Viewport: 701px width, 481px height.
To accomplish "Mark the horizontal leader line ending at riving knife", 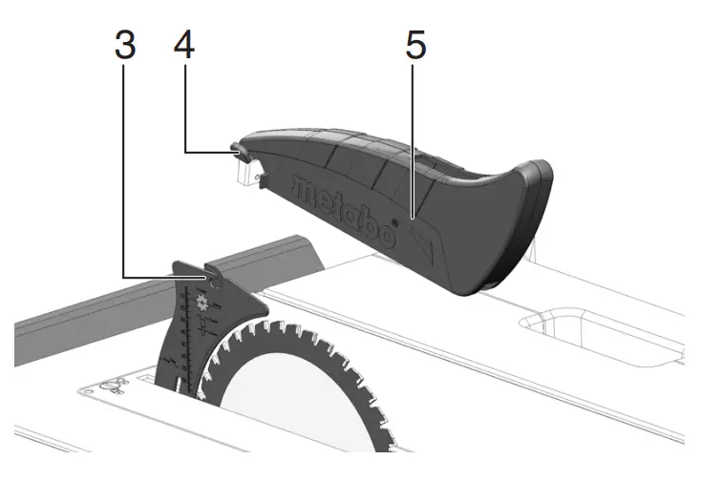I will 167,278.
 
